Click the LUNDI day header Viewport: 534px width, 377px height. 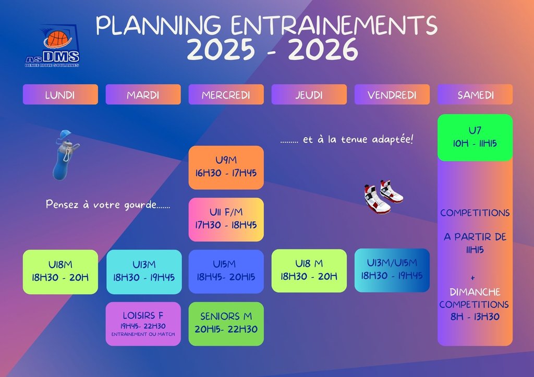(60, 94)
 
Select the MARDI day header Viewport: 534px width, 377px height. (143, 94)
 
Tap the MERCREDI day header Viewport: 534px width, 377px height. (226, 94)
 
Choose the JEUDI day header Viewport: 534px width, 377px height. (309, 94)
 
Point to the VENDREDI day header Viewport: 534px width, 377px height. (392, 94)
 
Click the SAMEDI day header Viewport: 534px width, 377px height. (475, 94)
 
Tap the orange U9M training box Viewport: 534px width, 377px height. (226, 167)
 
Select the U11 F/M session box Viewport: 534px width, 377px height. (226, 220)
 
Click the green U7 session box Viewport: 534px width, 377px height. (475, 138)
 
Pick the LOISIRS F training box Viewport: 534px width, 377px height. (143, 324)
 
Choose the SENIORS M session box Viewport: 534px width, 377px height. (226, 324)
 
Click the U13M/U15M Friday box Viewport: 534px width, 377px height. (392, 271)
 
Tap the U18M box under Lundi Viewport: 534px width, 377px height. (60, 272)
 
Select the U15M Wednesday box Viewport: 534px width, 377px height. (226, 272)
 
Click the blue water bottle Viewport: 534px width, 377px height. (65, 155)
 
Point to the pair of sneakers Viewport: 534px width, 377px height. (383, 197)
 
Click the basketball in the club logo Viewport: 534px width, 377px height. (57, 39)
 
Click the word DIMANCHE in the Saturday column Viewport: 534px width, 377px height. (475, 292)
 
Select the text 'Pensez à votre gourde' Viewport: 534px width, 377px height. (101, 204)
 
